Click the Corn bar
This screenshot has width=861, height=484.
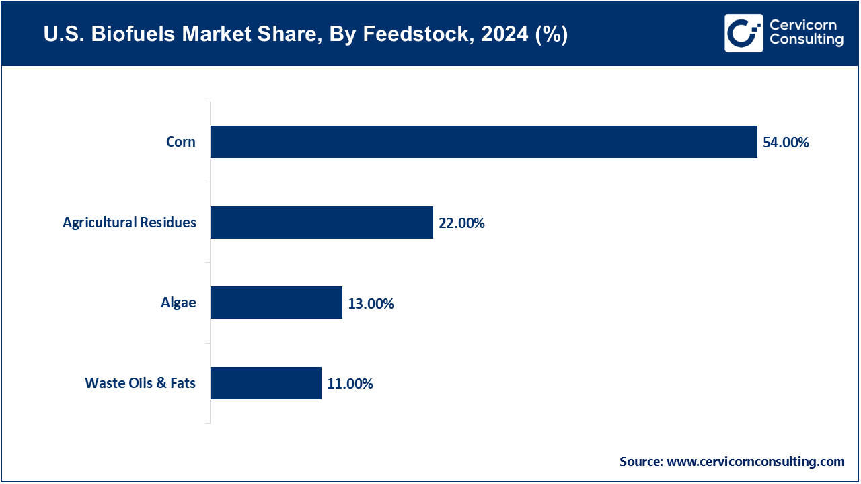tap(484, 142)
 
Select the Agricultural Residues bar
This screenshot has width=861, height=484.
tap(322, 223)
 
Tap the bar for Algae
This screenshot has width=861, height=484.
tap(276, 302)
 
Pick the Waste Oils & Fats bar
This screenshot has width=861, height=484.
tap(266, 383)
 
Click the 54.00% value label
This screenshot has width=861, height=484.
tap(786, 143)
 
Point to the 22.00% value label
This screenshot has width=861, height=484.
tap(461, 223)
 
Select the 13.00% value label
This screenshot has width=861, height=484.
tap(371, 304)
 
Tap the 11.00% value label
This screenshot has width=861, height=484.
tap(350, 384)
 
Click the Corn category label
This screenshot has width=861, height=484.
tap(181, 142)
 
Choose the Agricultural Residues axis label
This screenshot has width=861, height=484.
tap(129, 223)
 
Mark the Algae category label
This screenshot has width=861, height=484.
tap(178, 302)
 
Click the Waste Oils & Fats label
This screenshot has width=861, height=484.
tap(140, 383)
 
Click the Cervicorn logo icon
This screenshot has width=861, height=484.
tap(743, 33)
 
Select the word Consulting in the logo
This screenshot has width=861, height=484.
tap(806, 40)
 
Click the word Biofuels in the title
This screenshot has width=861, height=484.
tap(128, 35)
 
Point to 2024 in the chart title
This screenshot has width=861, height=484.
tap(493, 35)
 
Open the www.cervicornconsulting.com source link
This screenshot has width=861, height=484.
tap(755, 462)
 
